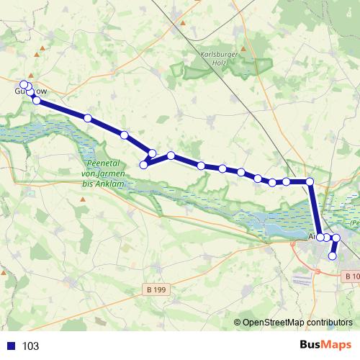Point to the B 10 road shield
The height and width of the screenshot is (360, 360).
coord(351,276)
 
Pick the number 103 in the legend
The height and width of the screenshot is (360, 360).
coord(30,346)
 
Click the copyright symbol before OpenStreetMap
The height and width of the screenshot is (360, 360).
coord(237,323)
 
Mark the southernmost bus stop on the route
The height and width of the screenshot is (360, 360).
coord(333,256)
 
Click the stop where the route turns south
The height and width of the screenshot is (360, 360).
coord(310,181)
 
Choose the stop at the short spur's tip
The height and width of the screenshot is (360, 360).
coord(143,165)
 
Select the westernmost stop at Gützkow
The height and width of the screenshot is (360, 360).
coord(24,84)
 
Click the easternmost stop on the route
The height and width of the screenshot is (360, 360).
coord(336,238)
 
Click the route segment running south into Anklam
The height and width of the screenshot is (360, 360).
coord(315,209)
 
